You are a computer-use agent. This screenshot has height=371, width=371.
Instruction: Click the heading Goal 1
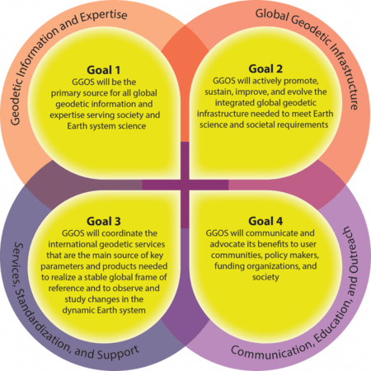coord(104,70)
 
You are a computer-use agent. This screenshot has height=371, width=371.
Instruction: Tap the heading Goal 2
coord(265,68)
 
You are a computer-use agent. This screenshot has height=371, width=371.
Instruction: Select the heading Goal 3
coord(104,221)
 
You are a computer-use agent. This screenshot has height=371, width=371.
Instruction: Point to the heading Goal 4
coord(265,221)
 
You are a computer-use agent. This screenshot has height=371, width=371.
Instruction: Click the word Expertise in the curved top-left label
coord(104,16)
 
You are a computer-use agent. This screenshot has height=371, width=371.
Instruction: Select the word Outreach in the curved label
coord(350,250)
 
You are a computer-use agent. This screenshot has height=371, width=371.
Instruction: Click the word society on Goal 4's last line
coord(265,277)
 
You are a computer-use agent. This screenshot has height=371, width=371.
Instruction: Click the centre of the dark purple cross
coord(185,185)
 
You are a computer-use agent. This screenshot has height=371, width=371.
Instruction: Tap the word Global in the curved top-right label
coord(271,15)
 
